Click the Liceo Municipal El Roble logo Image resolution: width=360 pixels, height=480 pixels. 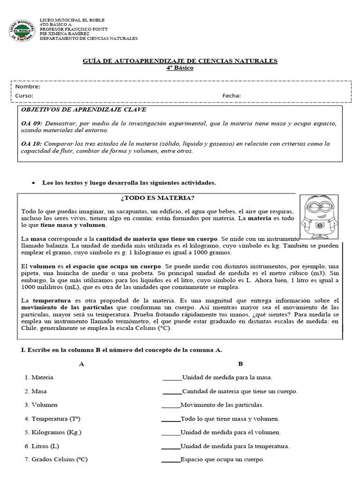22,30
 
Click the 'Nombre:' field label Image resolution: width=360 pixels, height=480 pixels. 28,87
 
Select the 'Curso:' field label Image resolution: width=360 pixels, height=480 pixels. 24,96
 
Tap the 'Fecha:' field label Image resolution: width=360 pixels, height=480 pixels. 232,96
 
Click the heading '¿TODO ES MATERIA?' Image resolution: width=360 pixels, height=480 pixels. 157,198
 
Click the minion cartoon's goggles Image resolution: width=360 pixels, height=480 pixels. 319,205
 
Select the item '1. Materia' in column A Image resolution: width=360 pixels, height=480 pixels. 39,377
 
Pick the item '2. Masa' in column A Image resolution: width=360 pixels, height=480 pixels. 36,391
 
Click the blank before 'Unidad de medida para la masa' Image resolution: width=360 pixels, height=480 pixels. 172,378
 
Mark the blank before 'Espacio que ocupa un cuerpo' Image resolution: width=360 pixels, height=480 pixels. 171,461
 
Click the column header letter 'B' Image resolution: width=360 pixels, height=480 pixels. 240,364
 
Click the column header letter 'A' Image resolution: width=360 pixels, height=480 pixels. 82,364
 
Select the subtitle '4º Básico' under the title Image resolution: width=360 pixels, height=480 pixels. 180,68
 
